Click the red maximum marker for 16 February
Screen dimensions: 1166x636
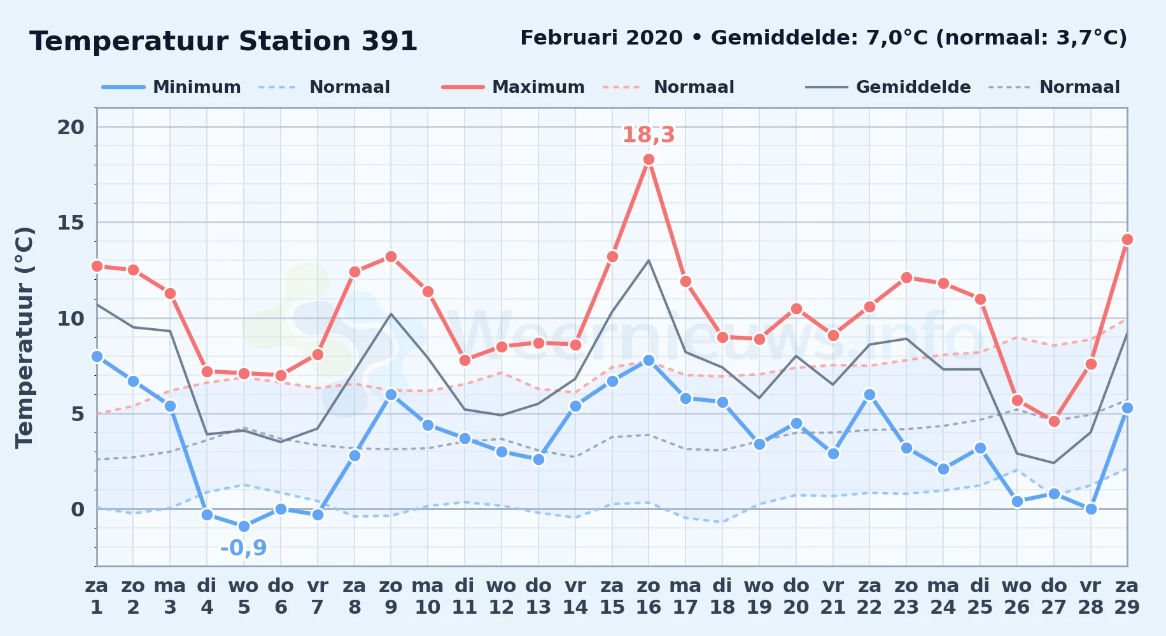pos(649,160)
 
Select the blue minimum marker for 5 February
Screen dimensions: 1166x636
pos(244,527)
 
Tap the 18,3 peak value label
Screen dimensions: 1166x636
pos(648,135)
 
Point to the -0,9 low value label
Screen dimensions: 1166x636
pos(244,548)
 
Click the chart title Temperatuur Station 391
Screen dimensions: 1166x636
pos(223,41)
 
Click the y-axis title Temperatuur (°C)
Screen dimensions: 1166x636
pos(24,337)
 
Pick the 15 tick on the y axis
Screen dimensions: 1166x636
pos(71,223)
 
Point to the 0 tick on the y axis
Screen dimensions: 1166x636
pos(78,509)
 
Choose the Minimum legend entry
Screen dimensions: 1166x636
pos(171,87)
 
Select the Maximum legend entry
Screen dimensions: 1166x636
pos(513,87)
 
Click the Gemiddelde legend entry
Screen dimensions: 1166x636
pos(888,87)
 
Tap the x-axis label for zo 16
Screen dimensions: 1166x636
pos(649,597)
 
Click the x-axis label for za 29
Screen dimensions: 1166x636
pos(1127,597)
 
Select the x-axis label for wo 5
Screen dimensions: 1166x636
pos(244,597)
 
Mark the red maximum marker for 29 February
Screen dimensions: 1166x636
pos(1127,240)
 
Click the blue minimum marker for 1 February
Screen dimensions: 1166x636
pos(97,357)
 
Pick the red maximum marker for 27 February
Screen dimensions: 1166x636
pos(1054,422)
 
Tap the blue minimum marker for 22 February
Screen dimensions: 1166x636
pos(869,395)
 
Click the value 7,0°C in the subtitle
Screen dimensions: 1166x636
pos(897,38)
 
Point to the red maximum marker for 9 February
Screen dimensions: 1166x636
pos(391,257)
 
